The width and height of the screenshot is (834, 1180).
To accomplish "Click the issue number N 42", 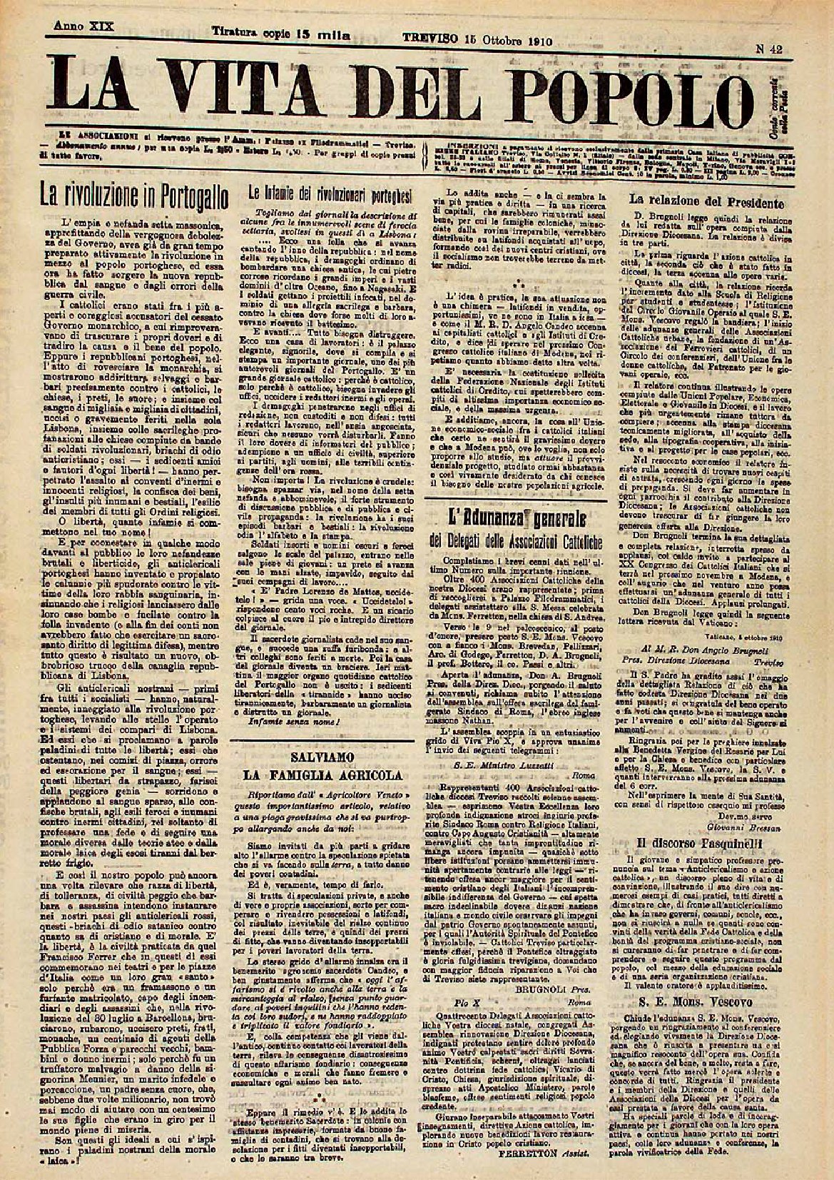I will click(x=771, y=49).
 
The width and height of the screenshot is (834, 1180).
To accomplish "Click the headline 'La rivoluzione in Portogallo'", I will click(x=131, y=194).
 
